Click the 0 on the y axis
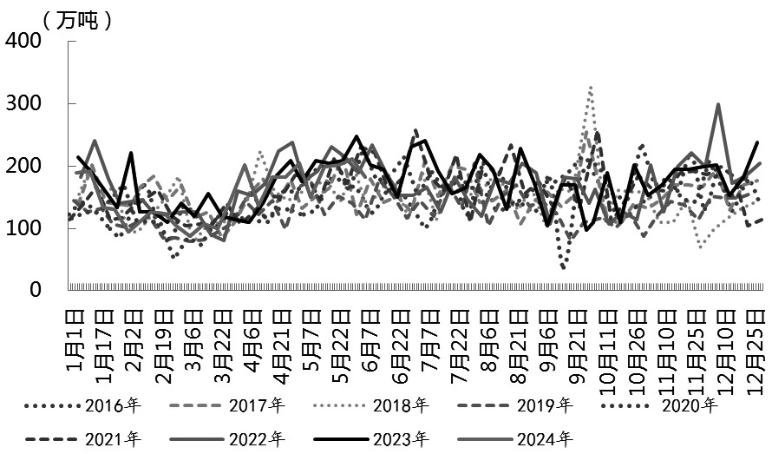36,290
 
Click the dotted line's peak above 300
591,88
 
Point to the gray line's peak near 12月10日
718,105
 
